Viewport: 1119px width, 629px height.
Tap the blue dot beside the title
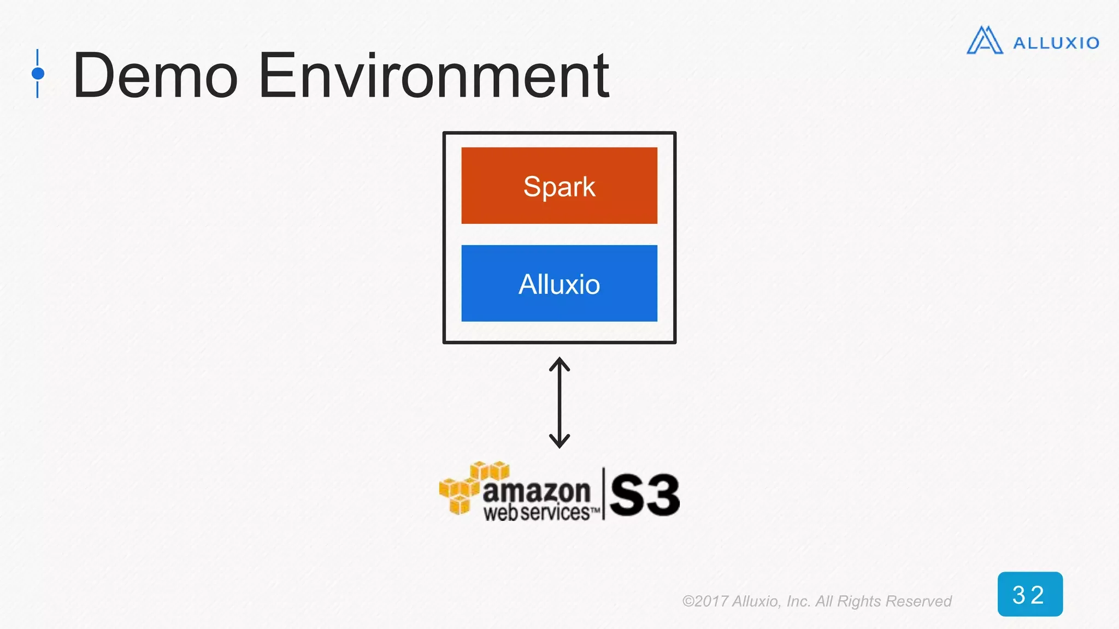[38, 73]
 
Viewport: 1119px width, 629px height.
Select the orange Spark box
[559, 158]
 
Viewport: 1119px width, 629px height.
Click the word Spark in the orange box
[559, 187]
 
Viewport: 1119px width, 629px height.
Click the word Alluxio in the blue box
[559, 284]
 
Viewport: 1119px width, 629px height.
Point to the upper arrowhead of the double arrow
[559, 363]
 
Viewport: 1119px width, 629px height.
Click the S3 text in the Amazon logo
[645, 495]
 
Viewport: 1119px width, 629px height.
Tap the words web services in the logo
[537, 513]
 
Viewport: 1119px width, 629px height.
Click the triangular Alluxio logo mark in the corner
[985, 41]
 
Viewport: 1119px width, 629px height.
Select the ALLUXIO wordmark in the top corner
[1056, 43]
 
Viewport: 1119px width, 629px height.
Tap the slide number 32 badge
[1029, 594]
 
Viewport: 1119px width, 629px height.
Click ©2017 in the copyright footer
[705, 601]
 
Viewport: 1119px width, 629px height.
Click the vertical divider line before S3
[604, 494]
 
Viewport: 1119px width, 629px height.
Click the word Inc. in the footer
[798, 601]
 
